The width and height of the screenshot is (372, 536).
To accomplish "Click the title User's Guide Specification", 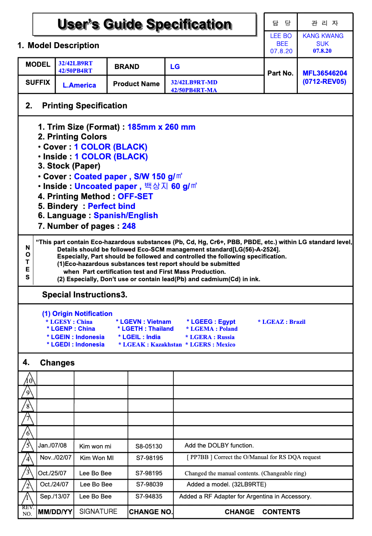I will point(144,24).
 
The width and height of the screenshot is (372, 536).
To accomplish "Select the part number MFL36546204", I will point(324,73).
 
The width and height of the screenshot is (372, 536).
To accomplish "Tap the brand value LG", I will point(175,67).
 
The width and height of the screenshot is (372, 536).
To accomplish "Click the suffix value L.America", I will point(79,85).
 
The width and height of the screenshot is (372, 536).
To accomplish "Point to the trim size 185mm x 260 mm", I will point(161,127).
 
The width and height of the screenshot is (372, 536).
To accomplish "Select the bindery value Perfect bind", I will point(111,206).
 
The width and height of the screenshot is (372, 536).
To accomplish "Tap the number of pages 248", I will point(128,226).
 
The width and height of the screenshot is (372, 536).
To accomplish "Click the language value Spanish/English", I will point(126,215).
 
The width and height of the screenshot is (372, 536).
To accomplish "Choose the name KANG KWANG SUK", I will point(323,39).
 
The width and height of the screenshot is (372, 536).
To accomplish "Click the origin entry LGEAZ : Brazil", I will point(282,322).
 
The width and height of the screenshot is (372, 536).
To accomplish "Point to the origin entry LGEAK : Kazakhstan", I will point(150,345).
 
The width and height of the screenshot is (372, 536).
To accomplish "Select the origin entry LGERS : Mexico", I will point(210,345).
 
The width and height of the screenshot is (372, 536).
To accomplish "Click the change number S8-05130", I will point(149,447).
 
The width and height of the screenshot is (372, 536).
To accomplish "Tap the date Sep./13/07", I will point(55,497).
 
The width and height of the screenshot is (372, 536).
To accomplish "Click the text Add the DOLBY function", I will point(219,446).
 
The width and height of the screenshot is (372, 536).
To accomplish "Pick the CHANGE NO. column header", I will point(150,512).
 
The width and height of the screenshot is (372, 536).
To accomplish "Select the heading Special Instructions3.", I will point(84,295).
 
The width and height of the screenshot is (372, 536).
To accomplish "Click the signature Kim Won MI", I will point(96,458).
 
